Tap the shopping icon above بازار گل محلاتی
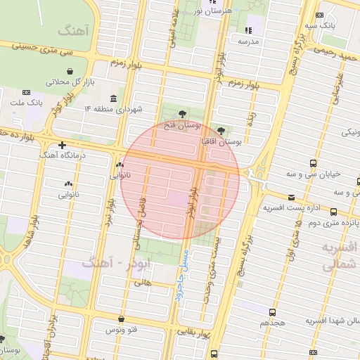tap(70, 71)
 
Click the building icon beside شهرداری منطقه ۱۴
tap(114, 98)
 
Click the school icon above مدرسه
tap(247, 30)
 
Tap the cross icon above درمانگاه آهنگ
tap(63, 143)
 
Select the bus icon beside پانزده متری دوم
tap(333, 212)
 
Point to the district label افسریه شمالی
tap(340, 257)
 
